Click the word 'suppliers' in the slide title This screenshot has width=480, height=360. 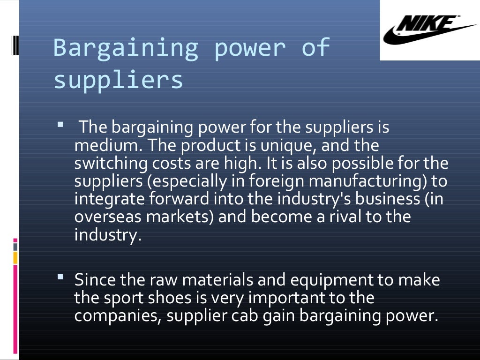tap(118, 80)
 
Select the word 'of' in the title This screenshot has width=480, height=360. tap(315, 47)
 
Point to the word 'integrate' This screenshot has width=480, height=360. tap(110, 199)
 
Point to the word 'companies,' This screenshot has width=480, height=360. tap(117, 315)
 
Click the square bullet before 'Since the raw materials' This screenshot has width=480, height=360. tap(60, 277)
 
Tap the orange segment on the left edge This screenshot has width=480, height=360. tap(15, 258)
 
